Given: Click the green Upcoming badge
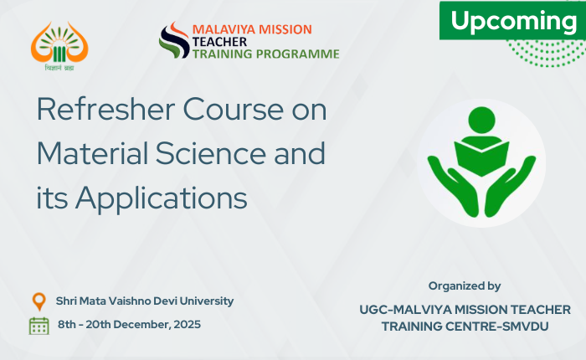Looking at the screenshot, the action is (512, 21).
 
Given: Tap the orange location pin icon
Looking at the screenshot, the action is (39, 301).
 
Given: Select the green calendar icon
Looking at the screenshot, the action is (39, 326).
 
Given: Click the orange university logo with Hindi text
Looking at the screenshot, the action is (59, 46).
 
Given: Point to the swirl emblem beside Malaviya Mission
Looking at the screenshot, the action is (174, 40).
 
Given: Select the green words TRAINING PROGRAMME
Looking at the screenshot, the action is (265, 54).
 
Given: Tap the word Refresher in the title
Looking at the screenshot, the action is (105, 109).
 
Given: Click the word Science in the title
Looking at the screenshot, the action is (211, 153).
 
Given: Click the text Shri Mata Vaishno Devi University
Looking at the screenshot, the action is (145, 301).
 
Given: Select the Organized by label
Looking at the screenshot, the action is (465, 286).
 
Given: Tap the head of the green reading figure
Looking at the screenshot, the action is (481, 120).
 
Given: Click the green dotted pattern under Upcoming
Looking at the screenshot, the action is (547, 53).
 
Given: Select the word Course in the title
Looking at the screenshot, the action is (234, 109).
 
